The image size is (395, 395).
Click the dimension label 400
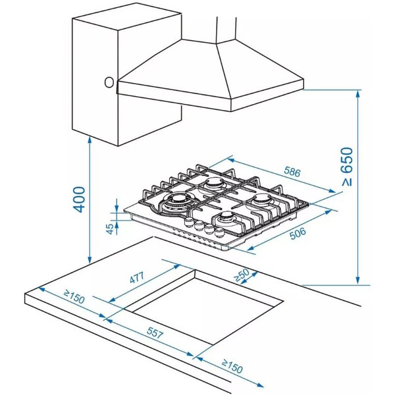pyautogui.click(x=79, y=199)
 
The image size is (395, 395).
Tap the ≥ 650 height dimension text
pyautogui.click(x=347, y=167)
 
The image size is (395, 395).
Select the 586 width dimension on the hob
pyautogui.click(x=292, y=172)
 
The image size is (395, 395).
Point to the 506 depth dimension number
pyautogui.click(x=298, y=234)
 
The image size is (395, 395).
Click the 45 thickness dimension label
pyautogui.click(x=110, y=228)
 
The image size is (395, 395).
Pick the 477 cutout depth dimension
pyautogui.click(x=137, y=277)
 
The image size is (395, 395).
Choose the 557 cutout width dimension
pyautogui.click(x=155, y=332)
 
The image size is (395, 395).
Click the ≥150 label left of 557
pyautogui.click(x=74, y=297)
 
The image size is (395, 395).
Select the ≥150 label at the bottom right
pyautogui.click(x=232, y=367)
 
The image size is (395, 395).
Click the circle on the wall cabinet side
pyautogui.click(x=109, y=82)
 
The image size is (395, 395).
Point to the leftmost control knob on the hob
pyautogui.click(x=188, y=222)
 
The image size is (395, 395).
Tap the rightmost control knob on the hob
pyautogui.click(x=219, y=232)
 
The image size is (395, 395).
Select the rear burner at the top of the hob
pyautogui.click(x=213, y=184)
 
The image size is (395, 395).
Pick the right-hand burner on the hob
pyautogui.click(x=262, y=201)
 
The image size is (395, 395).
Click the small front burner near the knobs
pyautogui.click(x=228, y=217)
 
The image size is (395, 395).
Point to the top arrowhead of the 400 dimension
pyautogui.click(x=90, y=138)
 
